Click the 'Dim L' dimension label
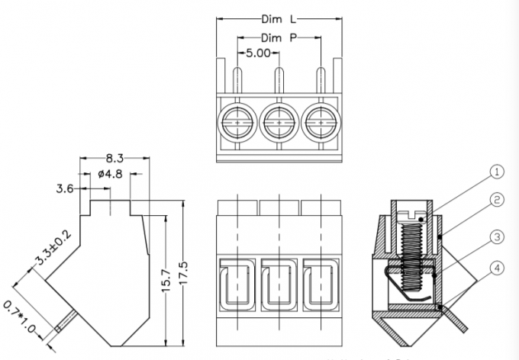pyautogui.click(x=276, y=18)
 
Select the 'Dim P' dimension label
pyautogui.click(x=276, y=37)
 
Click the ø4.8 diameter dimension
pyautogui.click(x=111, y=175)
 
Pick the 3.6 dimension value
pyautogui.click(x=65, y=188)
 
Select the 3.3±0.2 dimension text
pyautogui.click(x=53, y=249)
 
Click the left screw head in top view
pyautogui.click(x=237, y=121)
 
